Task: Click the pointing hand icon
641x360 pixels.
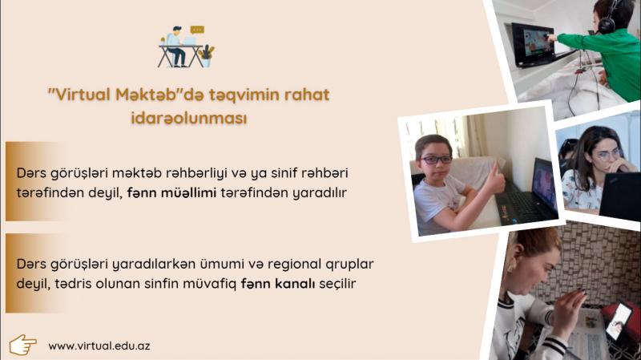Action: (x=23, y=345)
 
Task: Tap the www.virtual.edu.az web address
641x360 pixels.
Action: (x=99, y=346)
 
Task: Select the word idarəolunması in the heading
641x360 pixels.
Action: (x=189, y=118)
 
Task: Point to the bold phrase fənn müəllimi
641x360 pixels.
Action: (x=171, y=192)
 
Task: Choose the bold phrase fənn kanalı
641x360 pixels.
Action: (x=278, y=283)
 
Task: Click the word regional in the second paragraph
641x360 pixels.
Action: (x=295, y=265)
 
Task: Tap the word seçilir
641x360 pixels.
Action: (x=337, y=283)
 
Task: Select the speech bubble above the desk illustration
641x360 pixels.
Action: (x=197, y=30)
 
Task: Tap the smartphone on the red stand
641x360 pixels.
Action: (x=619, y=322)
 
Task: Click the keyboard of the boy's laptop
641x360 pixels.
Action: (x=524, y=207)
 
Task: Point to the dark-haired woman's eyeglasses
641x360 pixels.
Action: (x=609, y=155)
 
